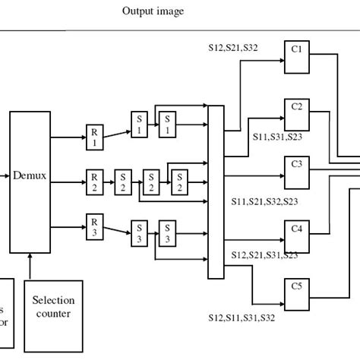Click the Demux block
[30, 181]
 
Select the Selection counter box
[54, 307]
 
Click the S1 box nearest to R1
[139, 125]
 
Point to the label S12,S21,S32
[234, 46]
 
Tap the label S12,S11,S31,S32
[242, 317]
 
